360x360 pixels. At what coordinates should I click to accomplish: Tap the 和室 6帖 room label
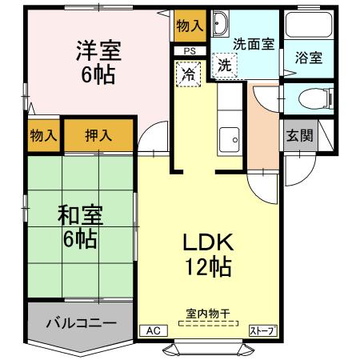pyautogui.click(x=77, y=226)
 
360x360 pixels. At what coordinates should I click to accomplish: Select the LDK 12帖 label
pyautogui.click(x=209, y=254)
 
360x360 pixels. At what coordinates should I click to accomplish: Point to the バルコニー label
pyautogui.click(x=80, y=323)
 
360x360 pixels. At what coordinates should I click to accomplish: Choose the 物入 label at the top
pyautogui.click(x=190, y=26)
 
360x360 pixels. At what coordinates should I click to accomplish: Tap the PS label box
pyautogui.click(x=190, y=51)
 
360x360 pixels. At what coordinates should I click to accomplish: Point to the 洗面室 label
pyautogui.click(x=254, y=44)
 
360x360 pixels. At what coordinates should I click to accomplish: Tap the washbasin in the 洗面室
pyautogui.click(x=221, y=22)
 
